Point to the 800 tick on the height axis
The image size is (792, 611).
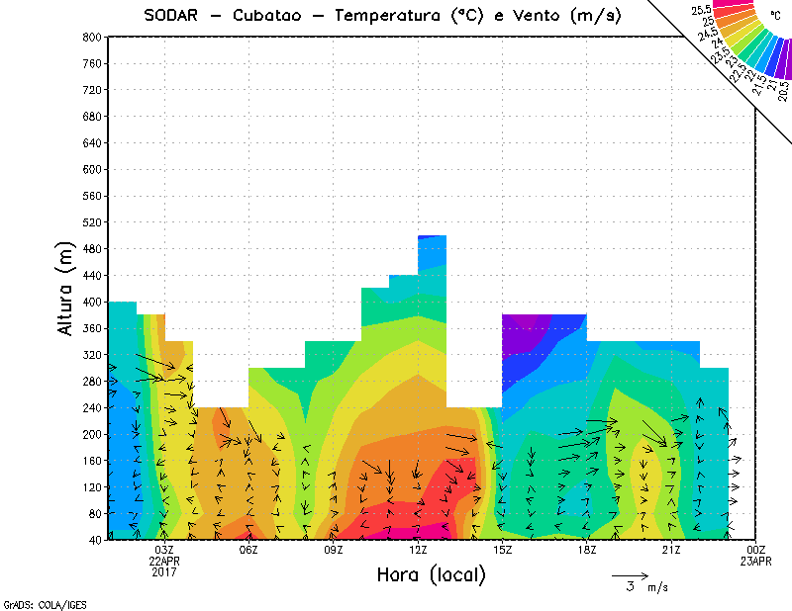point(92,37)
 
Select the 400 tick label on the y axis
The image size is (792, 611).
point(92,303)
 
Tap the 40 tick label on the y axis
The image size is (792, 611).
point(95,540)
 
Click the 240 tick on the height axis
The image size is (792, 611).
point(92,407)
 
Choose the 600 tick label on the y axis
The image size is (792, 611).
point(92,169)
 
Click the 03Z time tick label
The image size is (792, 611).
point(164,550)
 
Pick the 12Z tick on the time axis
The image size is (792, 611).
point(418,550)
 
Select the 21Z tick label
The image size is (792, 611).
point(671,550)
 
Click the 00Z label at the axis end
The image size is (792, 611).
point(755,550)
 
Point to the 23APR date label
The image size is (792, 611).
point(755,561)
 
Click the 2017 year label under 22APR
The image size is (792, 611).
point(164,571)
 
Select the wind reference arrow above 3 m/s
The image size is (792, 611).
point(630,574)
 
